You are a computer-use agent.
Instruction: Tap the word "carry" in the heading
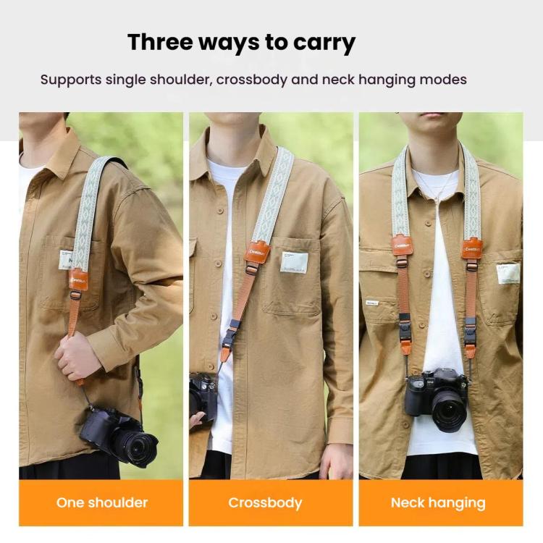pyautogui.click(x=324, y=43)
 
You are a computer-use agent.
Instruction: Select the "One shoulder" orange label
pyautogui.click(x=101, y=502)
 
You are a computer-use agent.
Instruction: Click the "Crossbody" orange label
pyautogui.click(x=265, y=502)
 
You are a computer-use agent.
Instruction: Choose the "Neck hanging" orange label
pyautogui.click(x=438, y=502)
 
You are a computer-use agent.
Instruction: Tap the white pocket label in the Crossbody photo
pyautogui.click(x=294, y=262)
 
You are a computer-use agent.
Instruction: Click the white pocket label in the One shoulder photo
pyautogui.click(x=66, y=259)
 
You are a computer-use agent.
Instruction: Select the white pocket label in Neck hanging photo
pyautogui.click(x=508, y=273)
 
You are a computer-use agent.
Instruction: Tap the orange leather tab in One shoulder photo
pyautogui.click(x=78, y=278)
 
